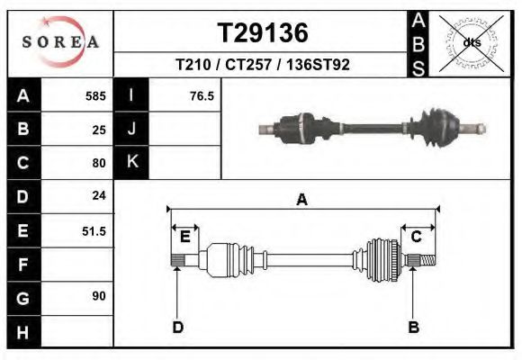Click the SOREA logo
(x=60, y=42)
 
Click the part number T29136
(x=262, y=33)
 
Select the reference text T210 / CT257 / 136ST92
(x=262, y=65)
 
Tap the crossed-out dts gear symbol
(x=471, y=41)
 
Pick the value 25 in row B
(x=99, y=130)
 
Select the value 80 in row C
(x=99, y=163)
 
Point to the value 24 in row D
(x=99, y=196)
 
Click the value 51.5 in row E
(x=94, y=231)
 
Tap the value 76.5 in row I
(x=202, y=95)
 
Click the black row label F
(x=23, y=265)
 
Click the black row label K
(x=131, y=163)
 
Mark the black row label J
(x=131, y=130)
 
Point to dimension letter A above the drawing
(x=301, y=200)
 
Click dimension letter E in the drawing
(x=184, y=237)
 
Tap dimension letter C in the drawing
(x=417, y=237)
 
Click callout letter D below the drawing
(x=177, y=328)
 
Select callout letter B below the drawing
(x=414, y=328)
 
